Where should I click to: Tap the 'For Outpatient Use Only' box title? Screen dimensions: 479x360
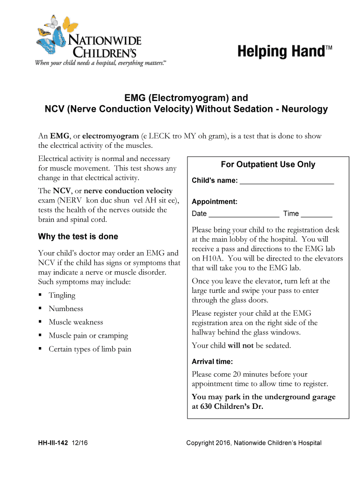268,165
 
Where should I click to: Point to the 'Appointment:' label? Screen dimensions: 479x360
215,202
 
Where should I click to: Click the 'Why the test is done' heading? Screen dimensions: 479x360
78,236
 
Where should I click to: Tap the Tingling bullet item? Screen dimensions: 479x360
62,295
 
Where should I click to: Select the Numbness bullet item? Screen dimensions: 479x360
66,309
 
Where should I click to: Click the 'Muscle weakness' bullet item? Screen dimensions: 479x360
76,322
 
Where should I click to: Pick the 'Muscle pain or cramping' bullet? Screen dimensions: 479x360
88,336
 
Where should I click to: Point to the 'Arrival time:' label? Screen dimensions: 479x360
212,362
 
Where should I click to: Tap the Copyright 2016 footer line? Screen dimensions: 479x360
254,443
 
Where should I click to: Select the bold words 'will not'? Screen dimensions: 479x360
240,346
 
